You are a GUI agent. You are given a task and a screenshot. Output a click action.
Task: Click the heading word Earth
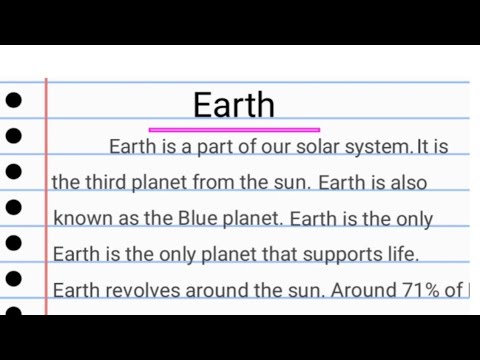click(234, 105)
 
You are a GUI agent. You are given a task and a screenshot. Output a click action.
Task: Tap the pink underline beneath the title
click(234, 130)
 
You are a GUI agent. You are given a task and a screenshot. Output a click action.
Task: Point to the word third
click(102, 183)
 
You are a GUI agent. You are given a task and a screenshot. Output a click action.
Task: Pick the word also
click(409, 183)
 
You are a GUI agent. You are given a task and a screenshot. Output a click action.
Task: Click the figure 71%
click(419, 290)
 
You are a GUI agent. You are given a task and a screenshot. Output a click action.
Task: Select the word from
click(233, 183)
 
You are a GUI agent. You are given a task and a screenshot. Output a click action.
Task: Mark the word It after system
click(423, 147)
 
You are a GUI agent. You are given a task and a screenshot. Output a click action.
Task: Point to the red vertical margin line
click(46, 200)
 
